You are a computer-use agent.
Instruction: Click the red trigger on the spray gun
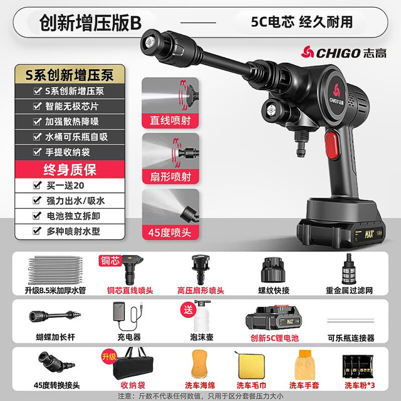(331, 145)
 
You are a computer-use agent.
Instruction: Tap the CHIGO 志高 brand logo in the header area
(343, 52)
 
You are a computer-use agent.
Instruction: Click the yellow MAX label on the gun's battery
(369, 234)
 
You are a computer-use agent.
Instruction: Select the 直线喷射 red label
(170, 120)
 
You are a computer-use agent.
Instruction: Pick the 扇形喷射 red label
(170, 177)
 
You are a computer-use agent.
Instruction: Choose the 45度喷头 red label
(170, 232)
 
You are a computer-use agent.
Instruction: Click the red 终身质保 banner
(70, 169)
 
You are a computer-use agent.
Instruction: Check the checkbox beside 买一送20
(38, 185)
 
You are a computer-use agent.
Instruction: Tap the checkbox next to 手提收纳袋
(38, 152)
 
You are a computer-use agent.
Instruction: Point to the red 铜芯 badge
(110, 261)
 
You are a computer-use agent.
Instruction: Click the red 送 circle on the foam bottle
(188, 310)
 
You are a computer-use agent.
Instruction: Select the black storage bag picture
(133, 363)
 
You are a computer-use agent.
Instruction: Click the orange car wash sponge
(199, 363)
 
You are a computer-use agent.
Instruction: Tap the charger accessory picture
(128, 316)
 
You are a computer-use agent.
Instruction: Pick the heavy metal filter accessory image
(349, 269)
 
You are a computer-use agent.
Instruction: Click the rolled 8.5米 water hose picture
(56, 270)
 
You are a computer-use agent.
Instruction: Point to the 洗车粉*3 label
(359, 385)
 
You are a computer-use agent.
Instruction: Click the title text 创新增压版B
(90, 23)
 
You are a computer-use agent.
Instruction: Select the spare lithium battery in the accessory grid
(274, 318)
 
